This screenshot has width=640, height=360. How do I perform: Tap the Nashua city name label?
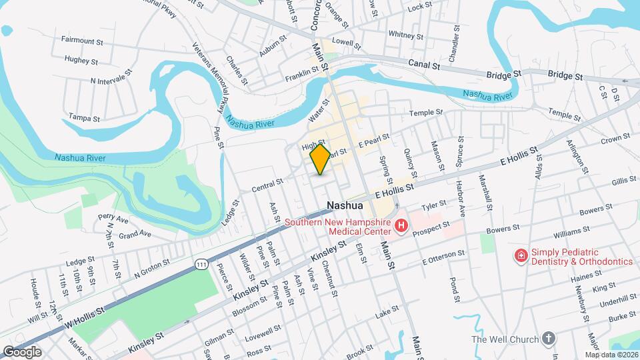(x=345, y=205)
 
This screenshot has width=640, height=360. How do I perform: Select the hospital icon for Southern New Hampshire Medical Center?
(x=401, y=227)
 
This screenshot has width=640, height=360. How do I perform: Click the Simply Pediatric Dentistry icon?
(x=521, y=256)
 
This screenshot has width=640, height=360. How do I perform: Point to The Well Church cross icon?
(x=549, y=339)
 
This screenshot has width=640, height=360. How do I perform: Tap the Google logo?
(x=21, y=351)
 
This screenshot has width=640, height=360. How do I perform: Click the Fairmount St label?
(x=82, y=41)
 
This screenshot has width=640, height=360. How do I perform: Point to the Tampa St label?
(x=84, y=118)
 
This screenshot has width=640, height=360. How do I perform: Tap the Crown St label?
(x=615, y=139)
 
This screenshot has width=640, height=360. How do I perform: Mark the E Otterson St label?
(x=443, y=255)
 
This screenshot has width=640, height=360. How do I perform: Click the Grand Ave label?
(x=135, y=234)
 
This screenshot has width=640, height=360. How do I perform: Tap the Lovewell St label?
(x=263, y=331)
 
